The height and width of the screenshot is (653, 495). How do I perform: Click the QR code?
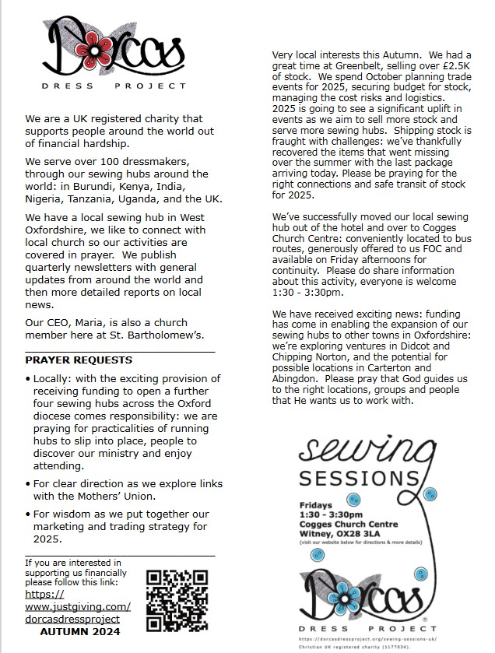point(177,600)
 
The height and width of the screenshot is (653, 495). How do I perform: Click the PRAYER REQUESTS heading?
point(79,360)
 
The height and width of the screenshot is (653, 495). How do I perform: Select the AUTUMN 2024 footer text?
point(80,632)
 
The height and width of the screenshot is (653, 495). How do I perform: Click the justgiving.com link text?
point(78,606)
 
